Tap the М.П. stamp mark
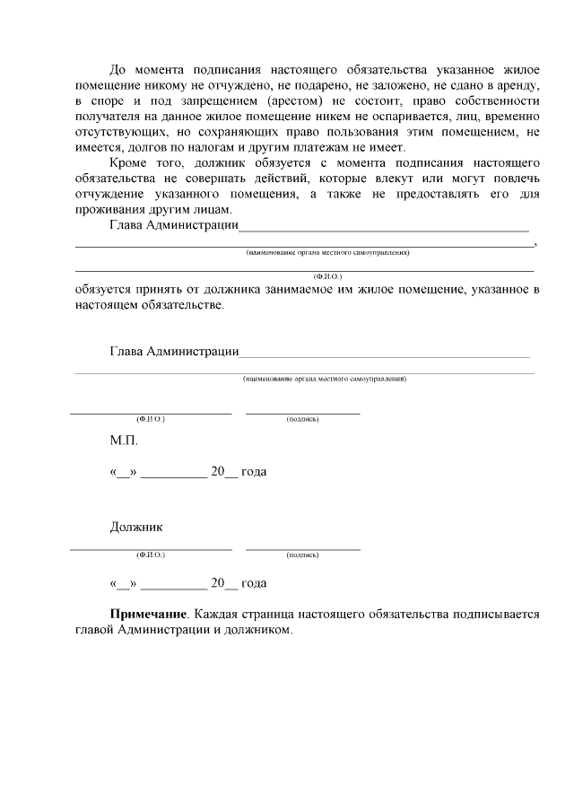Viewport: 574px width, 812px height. click(x=124, y=441)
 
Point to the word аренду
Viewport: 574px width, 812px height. click(x=514, y=84)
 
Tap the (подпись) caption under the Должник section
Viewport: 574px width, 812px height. click(x=303, y=555)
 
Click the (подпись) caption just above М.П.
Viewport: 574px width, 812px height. click(x=303, y=419)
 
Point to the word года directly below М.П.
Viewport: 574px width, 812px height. click(x=254, y=471)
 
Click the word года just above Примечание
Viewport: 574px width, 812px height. click(x=254, y=583)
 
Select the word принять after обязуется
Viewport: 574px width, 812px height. click(x=161, y=290)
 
